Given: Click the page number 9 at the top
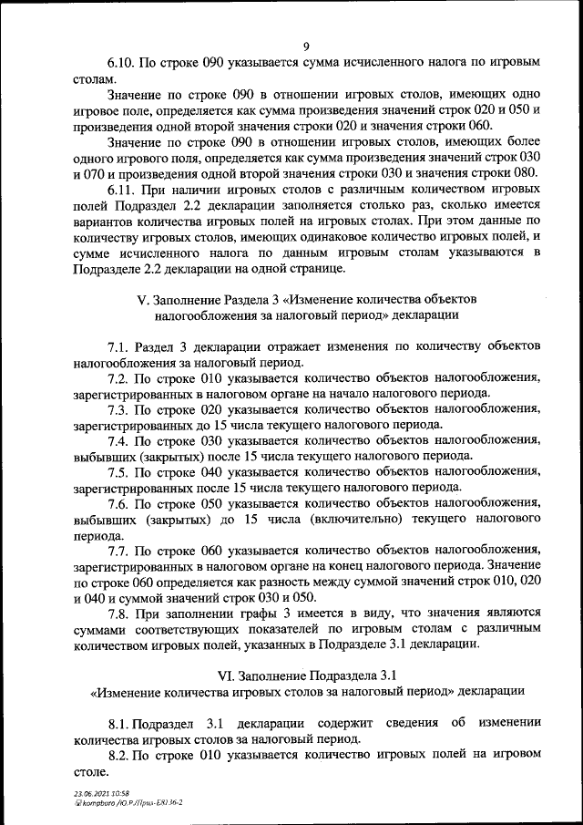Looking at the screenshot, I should (x=306, y=46).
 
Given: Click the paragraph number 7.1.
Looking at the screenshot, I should (x=120, y=347).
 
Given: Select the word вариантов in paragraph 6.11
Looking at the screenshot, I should (x=102, y=222).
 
